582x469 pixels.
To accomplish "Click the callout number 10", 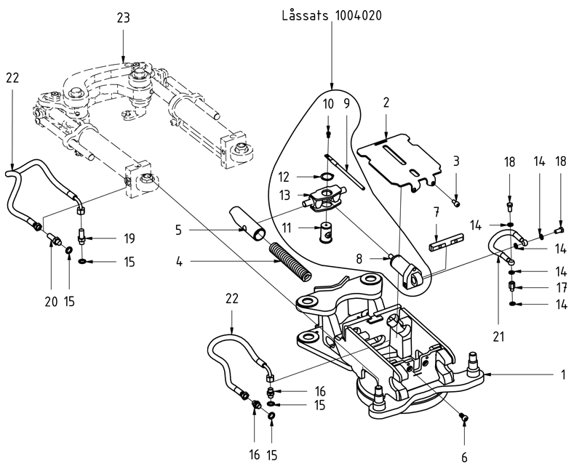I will point(328,104).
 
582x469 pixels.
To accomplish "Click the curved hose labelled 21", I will point(502,240).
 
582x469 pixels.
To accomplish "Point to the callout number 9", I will point(347,104).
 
